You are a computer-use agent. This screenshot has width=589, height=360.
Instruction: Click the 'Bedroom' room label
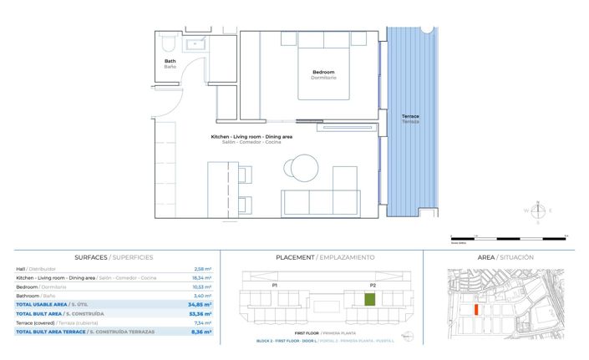(323, 73)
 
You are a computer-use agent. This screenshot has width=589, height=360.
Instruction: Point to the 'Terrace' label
(410, 116)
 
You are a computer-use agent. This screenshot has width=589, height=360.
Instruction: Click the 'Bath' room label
(170, 62)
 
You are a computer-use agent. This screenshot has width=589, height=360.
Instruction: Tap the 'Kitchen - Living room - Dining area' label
(251, 136)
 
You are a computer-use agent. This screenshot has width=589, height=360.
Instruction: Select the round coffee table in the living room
(301, 167)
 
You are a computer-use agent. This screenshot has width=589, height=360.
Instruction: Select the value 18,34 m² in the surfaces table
(202, 277)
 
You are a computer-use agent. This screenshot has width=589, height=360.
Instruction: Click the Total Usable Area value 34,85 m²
(201, 305)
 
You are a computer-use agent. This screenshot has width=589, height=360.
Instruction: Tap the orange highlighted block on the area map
(476, 308)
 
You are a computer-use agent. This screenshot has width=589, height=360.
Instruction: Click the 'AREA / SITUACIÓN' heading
(505, 257)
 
